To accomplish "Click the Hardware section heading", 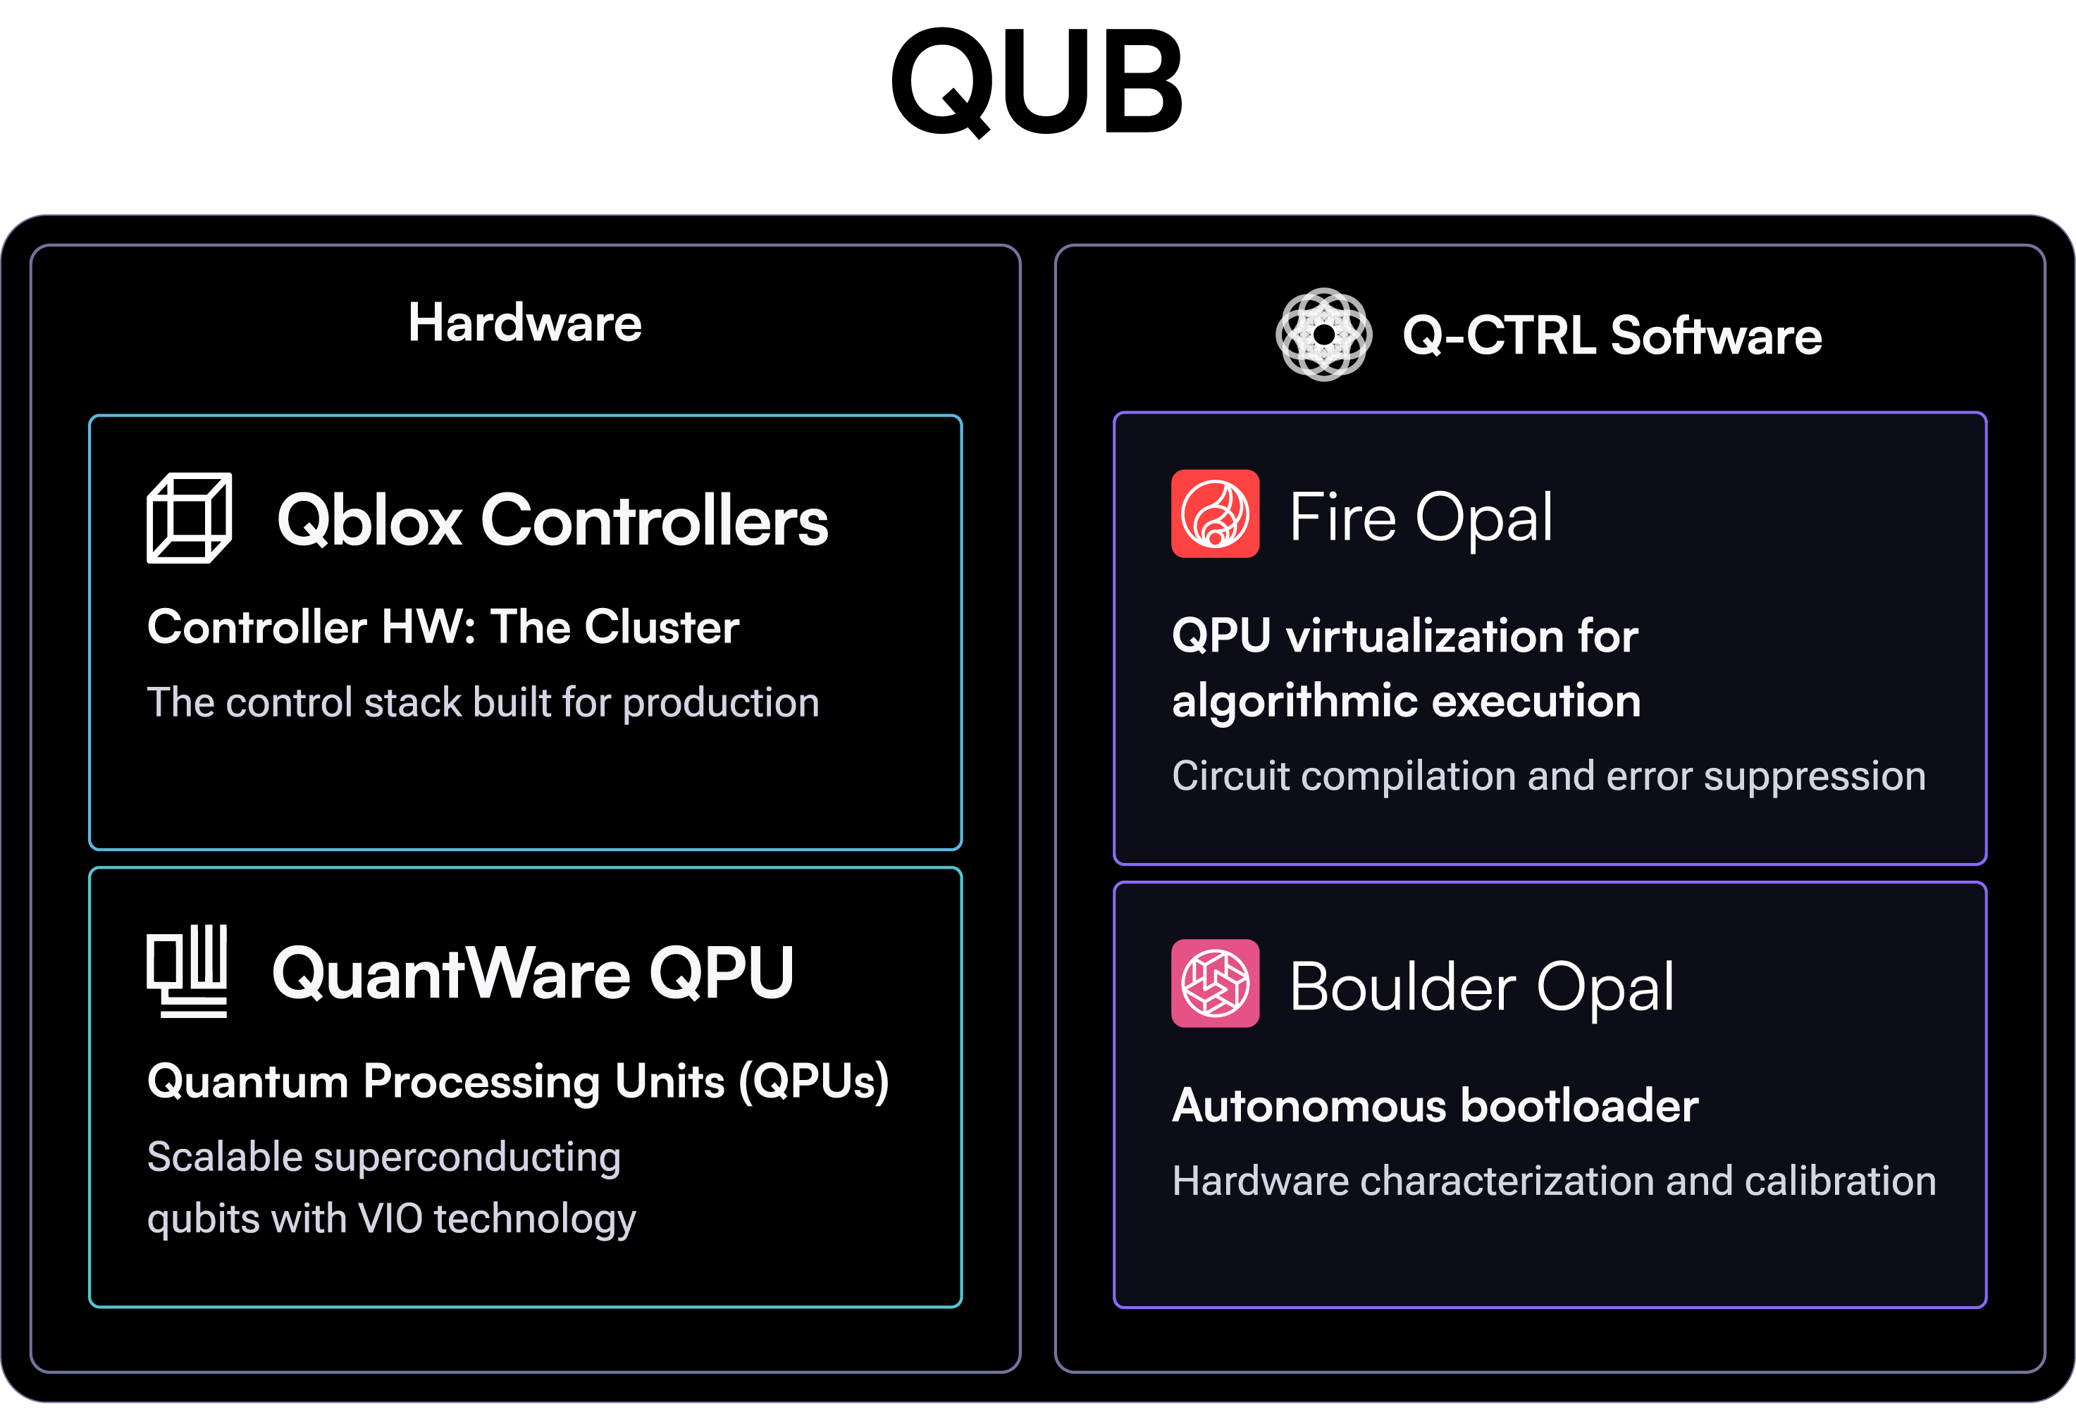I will coord(524,323).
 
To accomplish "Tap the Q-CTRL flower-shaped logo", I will coord(1323,335).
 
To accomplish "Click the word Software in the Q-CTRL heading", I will coord(1715,336).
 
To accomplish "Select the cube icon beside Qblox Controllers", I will coord(190,518).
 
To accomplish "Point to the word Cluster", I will coord(661,627).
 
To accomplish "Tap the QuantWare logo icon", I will coord(187,971).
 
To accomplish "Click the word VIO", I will coord(390,1218).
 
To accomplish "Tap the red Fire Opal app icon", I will coord(1215,514).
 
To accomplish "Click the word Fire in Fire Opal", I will coord(1342,518).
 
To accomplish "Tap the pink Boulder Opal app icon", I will coord(1215,983).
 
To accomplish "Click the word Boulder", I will coord(1402,988).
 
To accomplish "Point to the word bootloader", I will coord(1579,1105).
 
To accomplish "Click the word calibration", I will coord(1839,1181).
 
